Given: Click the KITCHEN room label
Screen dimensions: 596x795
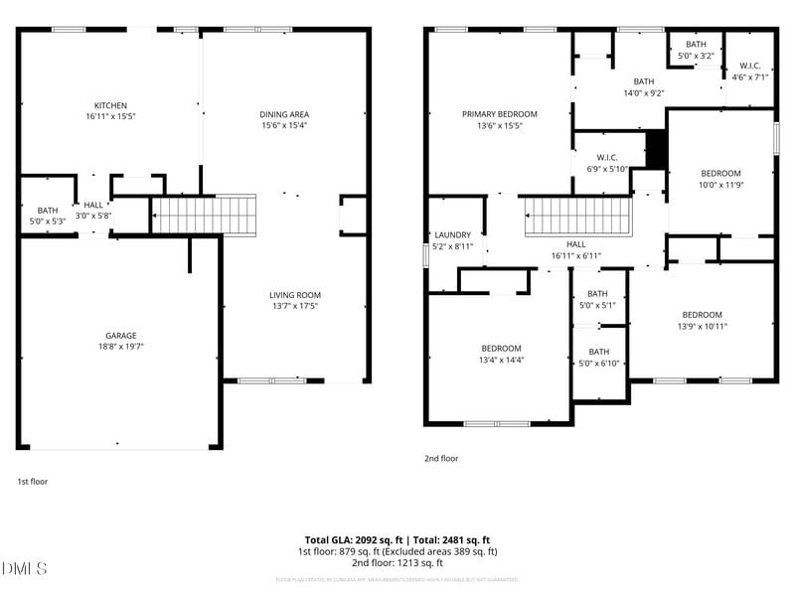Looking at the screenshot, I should click(110, 105).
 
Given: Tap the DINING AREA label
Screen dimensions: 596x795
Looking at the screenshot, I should click(284, 114).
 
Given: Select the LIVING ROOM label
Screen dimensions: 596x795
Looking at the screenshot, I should click(295, 295).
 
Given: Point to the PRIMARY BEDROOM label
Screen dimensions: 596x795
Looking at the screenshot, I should click(499, 114).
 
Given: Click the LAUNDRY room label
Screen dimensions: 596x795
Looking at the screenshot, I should click(453, 235).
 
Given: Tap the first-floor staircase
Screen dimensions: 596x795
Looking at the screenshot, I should click(203, 215).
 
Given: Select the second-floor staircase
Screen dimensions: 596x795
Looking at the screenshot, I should click(577, 215).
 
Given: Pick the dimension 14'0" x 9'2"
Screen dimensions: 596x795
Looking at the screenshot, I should click(643, 93).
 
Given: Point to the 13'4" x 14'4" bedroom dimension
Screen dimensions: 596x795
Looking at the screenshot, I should click(501, 360).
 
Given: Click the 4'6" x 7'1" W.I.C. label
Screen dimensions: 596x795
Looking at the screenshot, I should click(750, 76).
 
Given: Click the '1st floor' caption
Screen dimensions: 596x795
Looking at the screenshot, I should click(32, 482).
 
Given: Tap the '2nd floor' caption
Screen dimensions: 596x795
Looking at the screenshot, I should click(441, 459).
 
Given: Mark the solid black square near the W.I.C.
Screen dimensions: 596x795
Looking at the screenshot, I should click(656, 149).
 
